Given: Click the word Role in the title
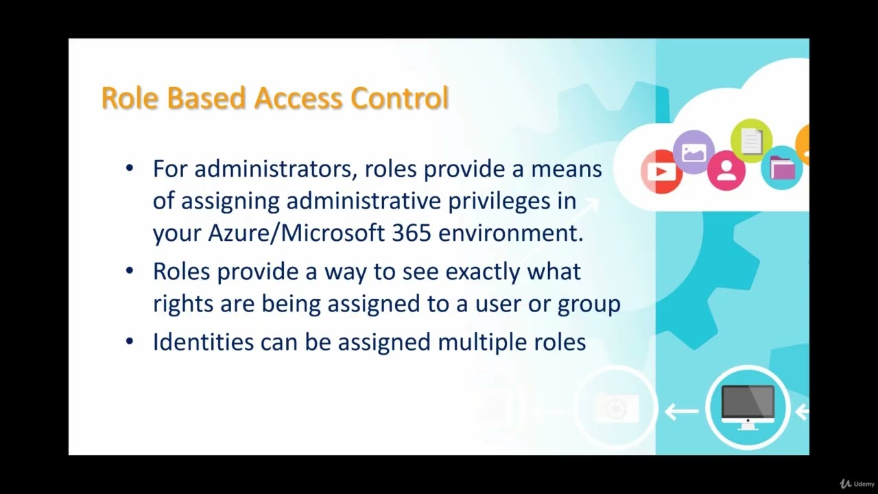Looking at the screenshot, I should [130, 98].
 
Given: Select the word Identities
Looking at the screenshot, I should [203, 342].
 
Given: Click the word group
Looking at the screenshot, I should [589, 304].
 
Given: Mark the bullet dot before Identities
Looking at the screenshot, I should [130, 341].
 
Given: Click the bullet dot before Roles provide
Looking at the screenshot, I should [130, 271].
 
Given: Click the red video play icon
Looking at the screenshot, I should [661, 171].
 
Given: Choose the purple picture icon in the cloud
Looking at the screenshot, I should [693, 151].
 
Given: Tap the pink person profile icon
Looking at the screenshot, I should [726, 170].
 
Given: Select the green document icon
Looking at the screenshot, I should [751, 141].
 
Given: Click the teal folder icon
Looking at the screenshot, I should [782, 167].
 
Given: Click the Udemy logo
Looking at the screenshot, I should [857, 484].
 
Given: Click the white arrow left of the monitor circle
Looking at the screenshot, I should [681, 412].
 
